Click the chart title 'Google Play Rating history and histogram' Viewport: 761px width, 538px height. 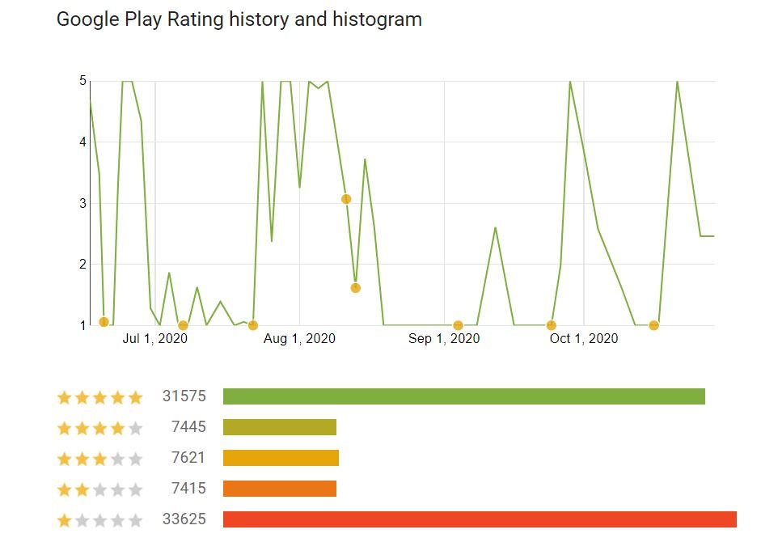(x=239, y=19)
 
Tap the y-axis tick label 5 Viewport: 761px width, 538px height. (x=82, y=81)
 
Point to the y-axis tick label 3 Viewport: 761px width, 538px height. (x=82, y=203)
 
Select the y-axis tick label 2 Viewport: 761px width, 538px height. (x=82, y=264)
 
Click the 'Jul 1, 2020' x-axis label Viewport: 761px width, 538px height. (x=154, y=338)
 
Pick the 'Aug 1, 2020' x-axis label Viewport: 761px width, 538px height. (x=298, y=338)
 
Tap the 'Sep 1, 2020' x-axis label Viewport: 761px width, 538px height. (x=444, y=338)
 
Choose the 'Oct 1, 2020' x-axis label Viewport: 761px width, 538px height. (x=583, y=338)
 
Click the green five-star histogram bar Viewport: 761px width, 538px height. (x=463, y=396)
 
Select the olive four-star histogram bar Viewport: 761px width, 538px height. (x=279, y=427)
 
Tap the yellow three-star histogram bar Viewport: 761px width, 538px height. (x=281, y=458)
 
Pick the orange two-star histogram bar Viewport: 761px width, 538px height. (x=279, y=489)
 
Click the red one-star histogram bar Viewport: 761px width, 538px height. (x=480, y=519)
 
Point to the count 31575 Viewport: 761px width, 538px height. (x=184, y=396)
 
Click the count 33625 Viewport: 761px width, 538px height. (x=184, y=519)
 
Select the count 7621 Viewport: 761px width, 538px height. (x=188, y=458)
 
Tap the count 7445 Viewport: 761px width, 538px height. (x=188, y=427)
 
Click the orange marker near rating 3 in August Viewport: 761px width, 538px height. (x=346, y=199)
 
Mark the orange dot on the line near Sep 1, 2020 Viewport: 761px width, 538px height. (x=458, y=325)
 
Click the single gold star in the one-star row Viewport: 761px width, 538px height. (x=64, y=520)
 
